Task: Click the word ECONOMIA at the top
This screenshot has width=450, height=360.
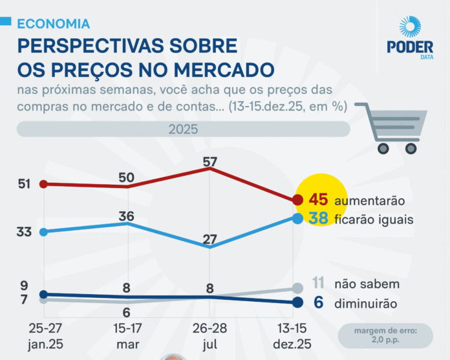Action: pyautogui.click(x=53, y=24)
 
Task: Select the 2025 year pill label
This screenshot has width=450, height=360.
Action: pyautogui.click(x=183, y=129)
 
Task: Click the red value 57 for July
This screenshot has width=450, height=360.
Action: pyautogui.click(x=210, y=162)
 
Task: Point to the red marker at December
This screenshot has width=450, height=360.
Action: pyautogui.click(x=297, y=200)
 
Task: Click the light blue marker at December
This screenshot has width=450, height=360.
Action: pyautogui.click(x=297, y=218)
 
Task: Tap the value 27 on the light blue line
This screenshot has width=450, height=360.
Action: pyautogui.click(x=210, y=239)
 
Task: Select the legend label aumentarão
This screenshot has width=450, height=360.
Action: pyautogui.click(x=369, y=201)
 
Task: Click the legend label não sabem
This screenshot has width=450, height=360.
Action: pyautogui.click(x=367, y=284)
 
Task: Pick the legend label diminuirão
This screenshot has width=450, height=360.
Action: pyautogui.click(x=366, y=302)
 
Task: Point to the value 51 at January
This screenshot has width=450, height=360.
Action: pyautogui.click(x=25, y=184)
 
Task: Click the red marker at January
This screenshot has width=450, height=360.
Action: pyautogui.click(x=43, y=184)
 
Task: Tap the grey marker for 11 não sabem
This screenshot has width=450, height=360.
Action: pyautogui.click(x=297, y=288)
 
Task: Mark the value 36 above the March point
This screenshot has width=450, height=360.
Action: pyautogui.click(x=127, y=216)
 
